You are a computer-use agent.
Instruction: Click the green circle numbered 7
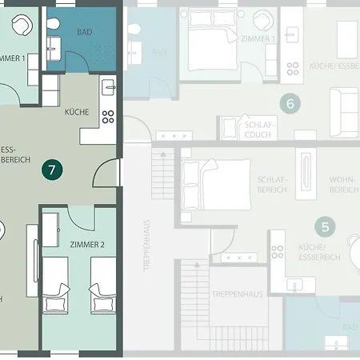click(x=52, y=170)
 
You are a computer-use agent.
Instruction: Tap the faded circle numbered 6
click(x=290, y=102)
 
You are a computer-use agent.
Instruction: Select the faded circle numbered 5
click(x=323, y=226)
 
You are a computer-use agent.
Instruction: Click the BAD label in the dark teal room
click(x=84, y=32)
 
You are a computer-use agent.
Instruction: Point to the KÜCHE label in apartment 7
click(x=77, y=113)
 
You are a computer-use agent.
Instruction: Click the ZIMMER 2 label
click(x=86, y=245)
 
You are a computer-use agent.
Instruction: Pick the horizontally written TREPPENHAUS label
click(x=238, y=294)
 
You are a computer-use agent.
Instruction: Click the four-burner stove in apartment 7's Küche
click(x=108, y=117)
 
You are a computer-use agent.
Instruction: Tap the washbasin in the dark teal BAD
click(x=54, y=44)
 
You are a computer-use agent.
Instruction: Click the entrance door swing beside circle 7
click(x=106, y=172)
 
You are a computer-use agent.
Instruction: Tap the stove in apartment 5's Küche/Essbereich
click(x=277, y=251)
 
